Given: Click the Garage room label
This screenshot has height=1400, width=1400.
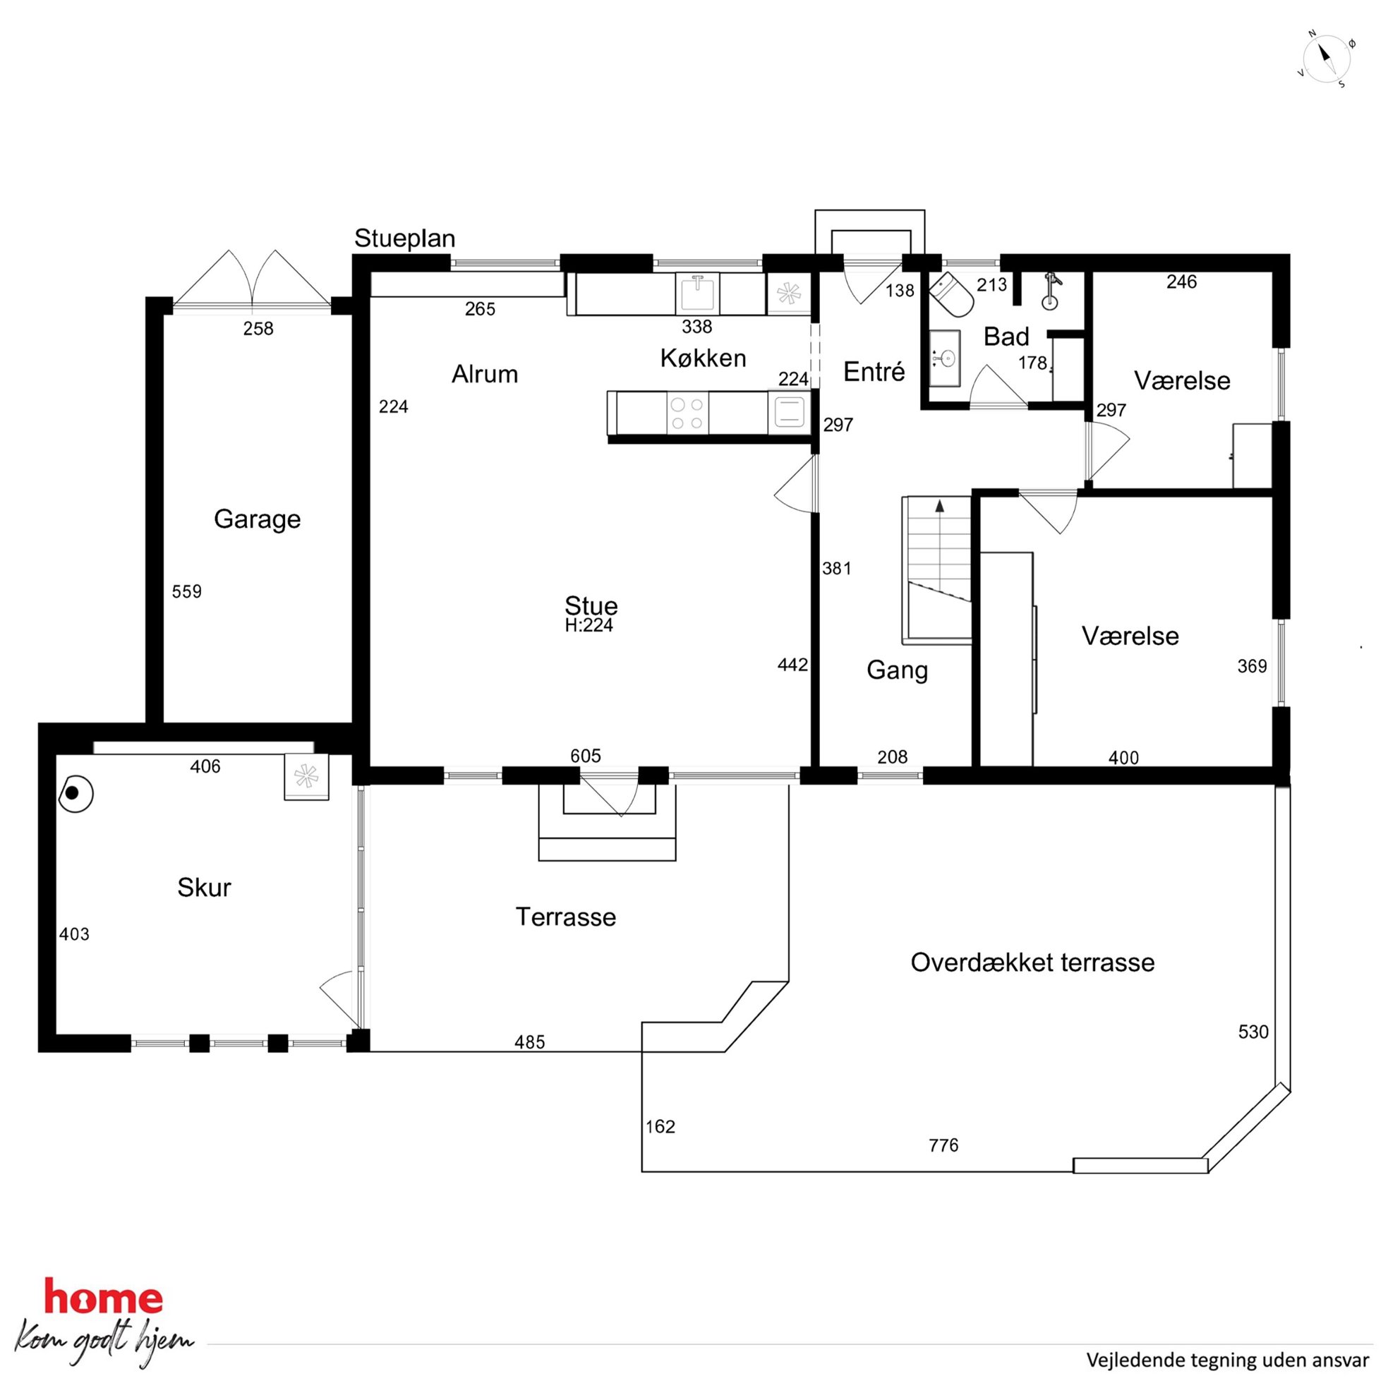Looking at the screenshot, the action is [258, 519].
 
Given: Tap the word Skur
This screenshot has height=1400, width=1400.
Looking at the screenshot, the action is [205, 888].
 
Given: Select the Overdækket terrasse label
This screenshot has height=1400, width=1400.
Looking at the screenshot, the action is [1032, 962].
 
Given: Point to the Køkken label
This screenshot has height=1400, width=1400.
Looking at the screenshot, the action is [703, 358].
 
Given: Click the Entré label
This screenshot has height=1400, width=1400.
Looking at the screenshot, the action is [874, 372].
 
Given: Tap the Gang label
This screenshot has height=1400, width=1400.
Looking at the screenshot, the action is [897, 670].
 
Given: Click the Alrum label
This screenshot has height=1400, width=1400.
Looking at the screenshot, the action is [485, 374].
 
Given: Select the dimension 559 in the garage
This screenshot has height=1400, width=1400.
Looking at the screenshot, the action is [187, 592].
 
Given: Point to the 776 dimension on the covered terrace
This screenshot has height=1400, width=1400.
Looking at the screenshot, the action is [943, 1146].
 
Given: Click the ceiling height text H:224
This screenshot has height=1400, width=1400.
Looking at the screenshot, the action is [589, 625].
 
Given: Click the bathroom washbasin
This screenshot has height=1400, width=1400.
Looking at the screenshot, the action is [945, 358].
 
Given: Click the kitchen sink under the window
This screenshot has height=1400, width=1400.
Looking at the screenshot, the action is [697, 293].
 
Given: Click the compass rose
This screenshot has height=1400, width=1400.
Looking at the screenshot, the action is [1327, 59].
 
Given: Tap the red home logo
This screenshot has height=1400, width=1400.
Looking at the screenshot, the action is [104, 1298].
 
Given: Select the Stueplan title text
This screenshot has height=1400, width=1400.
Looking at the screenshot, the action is [404, 239].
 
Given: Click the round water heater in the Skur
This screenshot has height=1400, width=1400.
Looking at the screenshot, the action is [76, 793].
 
